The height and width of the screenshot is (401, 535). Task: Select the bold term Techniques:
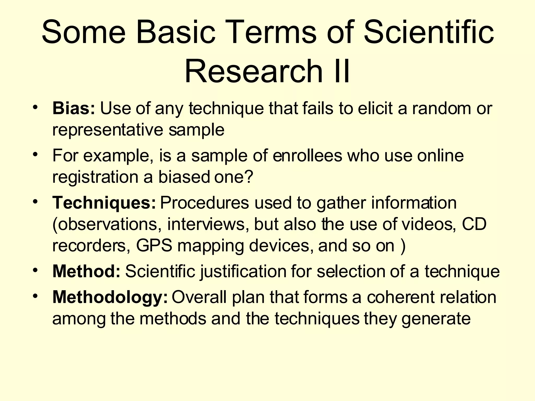tap(104, 203)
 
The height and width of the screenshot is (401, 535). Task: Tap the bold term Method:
tap(86, 272)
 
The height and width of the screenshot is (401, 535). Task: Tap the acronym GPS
tap(154, 246)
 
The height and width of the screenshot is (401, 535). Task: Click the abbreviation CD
tap(474, 224)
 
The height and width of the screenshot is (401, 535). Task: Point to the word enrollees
tap(307, 156)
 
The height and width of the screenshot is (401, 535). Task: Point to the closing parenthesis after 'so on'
tap(403, 246)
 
